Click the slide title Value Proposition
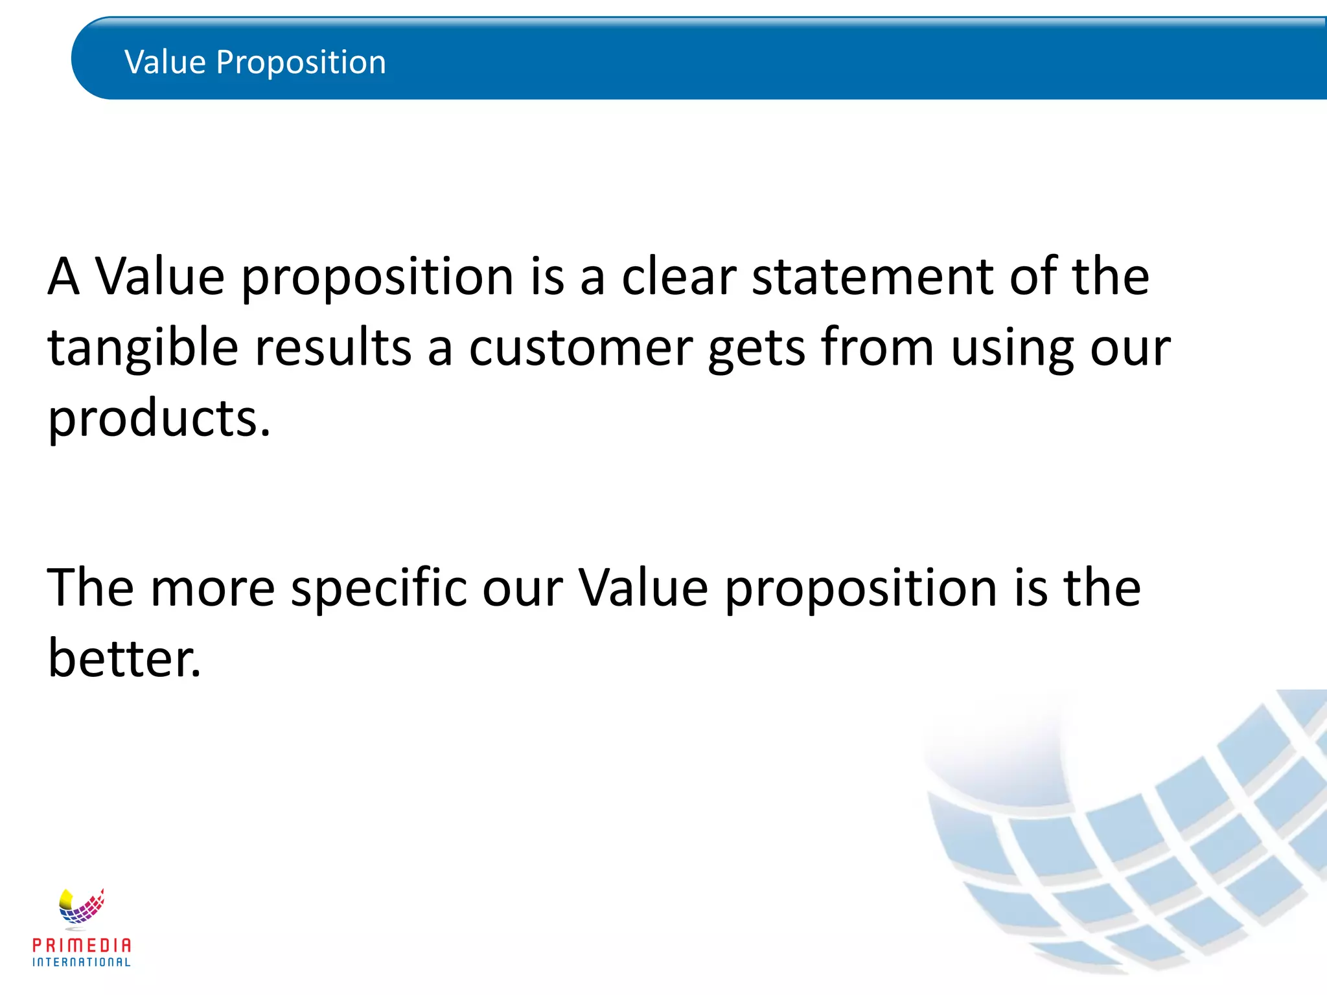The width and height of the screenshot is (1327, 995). click(255, 62)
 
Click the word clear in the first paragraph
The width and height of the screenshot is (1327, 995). click(678, 277)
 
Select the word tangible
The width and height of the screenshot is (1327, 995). click(143, 349)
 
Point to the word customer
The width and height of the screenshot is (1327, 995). click(581, 349)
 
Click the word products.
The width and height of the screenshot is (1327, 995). click(159, 419)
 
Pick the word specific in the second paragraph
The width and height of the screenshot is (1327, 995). click(379, 588)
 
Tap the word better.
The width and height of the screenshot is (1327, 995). click(124, 658)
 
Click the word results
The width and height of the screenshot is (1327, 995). click(333, 349)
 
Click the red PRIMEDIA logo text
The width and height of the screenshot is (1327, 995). click(82, 945)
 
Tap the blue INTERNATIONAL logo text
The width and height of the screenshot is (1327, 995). click(82, 962)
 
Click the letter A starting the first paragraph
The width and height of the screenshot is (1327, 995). click(63, 277)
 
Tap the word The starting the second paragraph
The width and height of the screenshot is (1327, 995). click(90, 588)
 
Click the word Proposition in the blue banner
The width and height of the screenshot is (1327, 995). click(301, 63)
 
